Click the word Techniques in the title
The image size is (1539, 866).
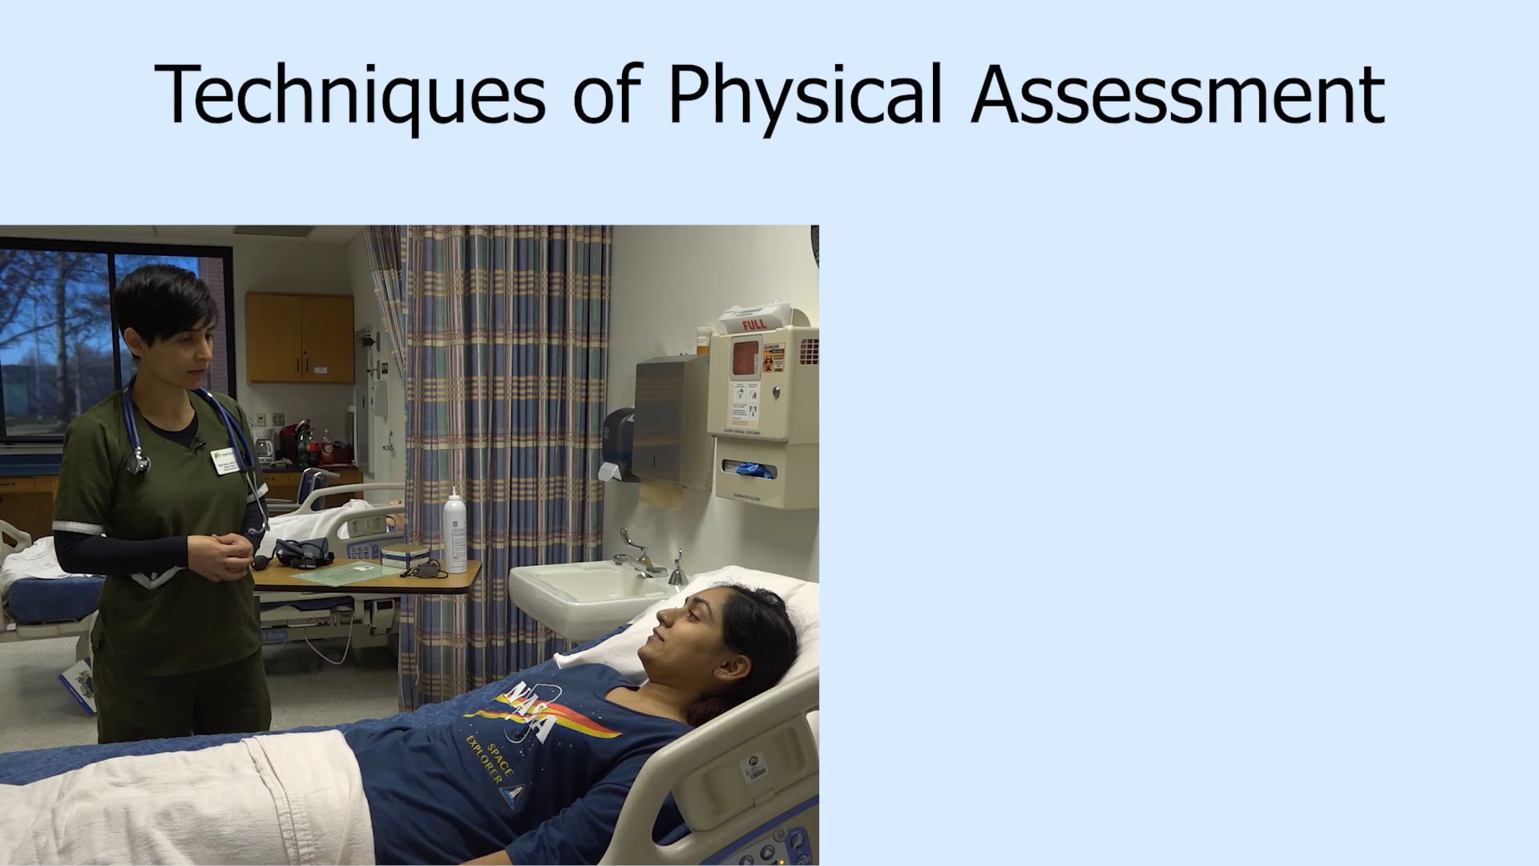349,95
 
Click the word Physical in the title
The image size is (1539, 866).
804,95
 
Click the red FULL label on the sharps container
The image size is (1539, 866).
753,325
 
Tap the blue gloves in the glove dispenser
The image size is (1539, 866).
753,470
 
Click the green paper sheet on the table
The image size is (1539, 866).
333,573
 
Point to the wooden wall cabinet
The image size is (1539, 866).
300,338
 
